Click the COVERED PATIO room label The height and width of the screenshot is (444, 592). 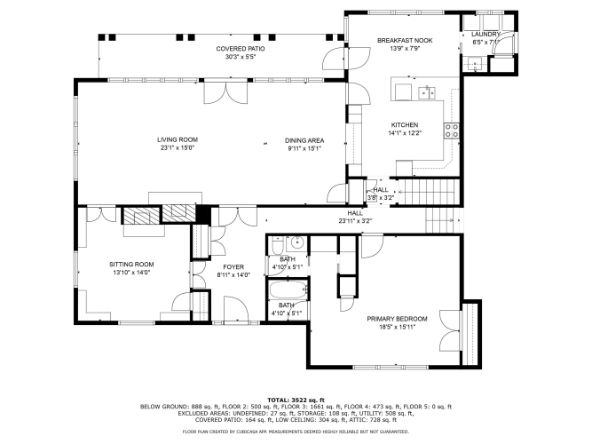(x=241, y=49)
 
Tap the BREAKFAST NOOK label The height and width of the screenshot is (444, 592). (x=405, y=41)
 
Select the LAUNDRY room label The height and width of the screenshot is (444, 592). (x=485, y=35)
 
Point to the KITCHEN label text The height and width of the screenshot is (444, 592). (x=405, y=124)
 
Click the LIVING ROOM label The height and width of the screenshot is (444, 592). (x=178, y=139)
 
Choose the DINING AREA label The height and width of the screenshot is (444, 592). (x=304, y=140)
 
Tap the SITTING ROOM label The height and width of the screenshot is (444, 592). (x=131, y=264)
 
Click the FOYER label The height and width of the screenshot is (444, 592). (x=233, y=267)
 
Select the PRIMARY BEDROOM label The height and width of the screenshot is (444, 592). (x=398, y=319)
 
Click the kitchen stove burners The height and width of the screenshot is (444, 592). (x=452, y=131)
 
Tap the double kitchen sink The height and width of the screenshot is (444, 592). (x=427, y=93)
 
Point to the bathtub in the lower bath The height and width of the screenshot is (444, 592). (x=288, y=289)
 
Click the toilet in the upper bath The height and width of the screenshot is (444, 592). (x=278, y=246)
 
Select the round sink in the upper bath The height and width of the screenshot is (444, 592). (x=297, y=242)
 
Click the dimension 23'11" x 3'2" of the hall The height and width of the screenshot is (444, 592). (x=355, y=221)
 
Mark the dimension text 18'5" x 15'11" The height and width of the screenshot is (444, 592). (x=398, y=327)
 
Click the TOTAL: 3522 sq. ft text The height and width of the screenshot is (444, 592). (x=296, y=400)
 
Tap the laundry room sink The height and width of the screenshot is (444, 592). (x=475, y=64)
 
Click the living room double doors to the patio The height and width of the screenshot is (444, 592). (x=225, y=93)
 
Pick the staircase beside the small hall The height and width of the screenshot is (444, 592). (x=429, y=192)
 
